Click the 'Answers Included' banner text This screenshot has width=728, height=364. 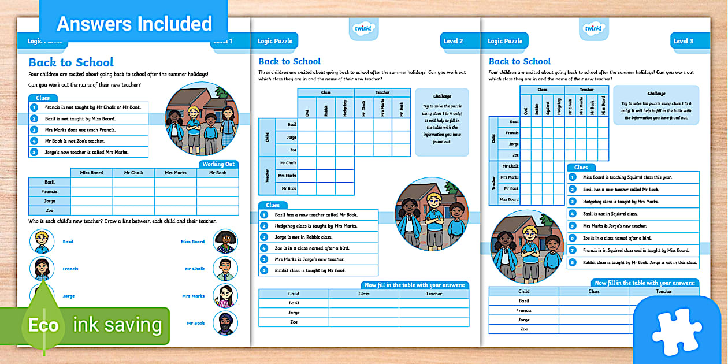(x=134, y=24)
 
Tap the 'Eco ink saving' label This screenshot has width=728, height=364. (x=95, y=325)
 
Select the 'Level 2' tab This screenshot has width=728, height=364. (x=453, y=41)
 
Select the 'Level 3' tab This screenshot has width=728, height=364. (x=683, y=41)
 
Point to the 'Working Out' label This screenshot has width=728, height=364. (x=218, y=164)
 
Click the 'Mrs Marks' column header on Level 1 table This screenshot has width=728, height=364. (x=176, y=172)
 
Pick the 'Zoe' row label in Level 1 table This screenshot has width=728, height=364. (x=50, y=210)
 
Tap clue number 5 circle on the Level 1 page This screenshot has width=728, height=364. (x=34, y=152)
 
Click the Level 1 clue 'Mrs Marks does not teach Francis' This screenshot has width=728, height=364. (x=80, y=130)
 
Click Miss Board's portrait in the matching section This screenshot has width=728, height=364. (x=225, y=242)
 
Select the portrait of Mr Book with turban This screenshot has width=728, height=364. (x=225, y=323)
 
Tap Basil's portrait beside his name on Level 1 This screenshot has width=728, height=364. (x=42, y=242)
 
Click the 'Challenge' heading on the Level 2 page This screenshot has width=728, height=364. (x=442, y=96)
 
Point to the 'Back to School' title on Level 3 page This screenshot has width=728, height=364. (x=519, y=61)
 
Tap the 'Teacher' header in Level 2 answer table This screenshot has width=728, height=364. (x=434, y=294)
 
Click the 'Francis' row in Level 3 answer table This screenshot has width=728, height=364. (x=523, y=310)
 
